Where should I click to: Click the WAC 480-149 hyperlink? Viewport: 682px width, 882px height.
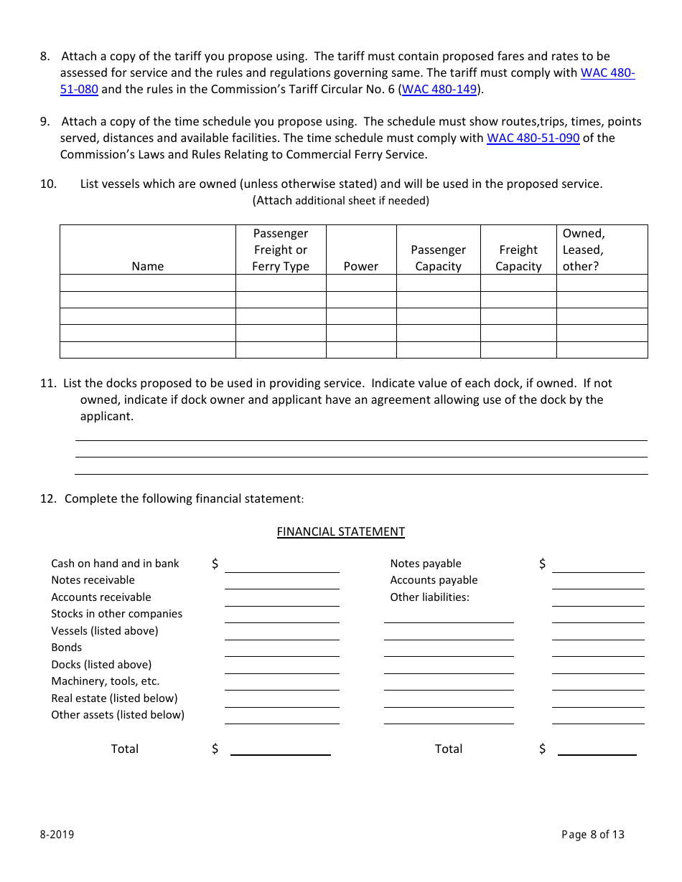click(439, 90)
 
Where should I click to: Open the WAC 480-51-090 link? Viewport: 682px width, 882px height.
click(533, 138)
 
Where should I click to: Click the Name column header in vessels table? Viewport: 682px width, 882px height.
click(148, 266)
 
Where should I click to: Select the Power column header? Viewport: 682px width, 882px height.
click(360, 266)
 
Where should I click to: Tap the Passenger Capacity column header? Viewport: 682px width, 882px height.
click(438, 258)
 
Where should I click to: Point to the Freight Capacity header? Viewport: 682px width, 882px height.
click(518, 258)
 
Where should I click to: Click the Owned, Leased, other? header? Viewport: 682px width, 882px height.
click(583, 250)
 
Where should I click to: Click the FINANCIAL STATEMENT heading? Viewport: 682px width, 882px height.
click(340, 531)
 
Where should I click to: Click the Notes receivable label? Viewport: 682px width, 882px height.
click(93, 580)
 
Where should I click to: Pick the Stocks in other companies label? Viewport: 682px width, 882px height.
click(116, 614)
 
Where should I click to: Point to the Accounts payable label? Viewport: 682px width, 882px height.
click(434, 580)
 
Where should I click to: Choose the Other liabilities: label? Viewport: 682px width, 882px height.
click(429, 597)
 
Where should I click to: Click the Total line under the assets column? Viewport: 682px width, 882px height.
click(280, 750)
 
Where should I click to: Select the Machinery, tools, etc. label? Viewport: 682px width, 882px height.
click(105, 681)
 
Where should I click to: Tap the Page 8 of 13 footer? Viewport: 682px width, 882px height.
click(592, 834)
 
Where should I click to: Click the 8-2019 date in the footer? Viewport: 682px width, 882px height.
click(57, 834)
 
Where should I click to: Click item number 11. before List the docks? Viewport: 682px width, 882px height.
click(48, 383)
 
